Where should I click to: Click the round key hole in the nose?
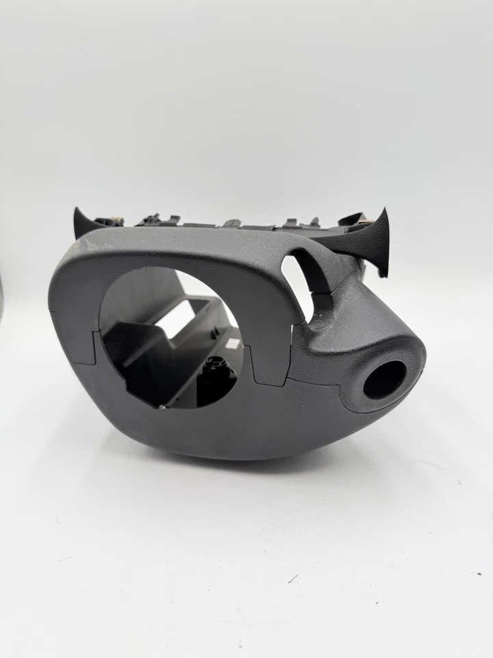coord(384,379)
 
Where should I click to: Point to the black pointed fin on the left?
coord(85,224)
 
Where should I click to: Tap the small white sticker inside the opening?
coord(234,339)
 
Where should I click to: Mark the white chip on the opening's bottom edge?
coord(162,408)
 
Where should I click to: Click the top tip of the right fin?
coord(385,211)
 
